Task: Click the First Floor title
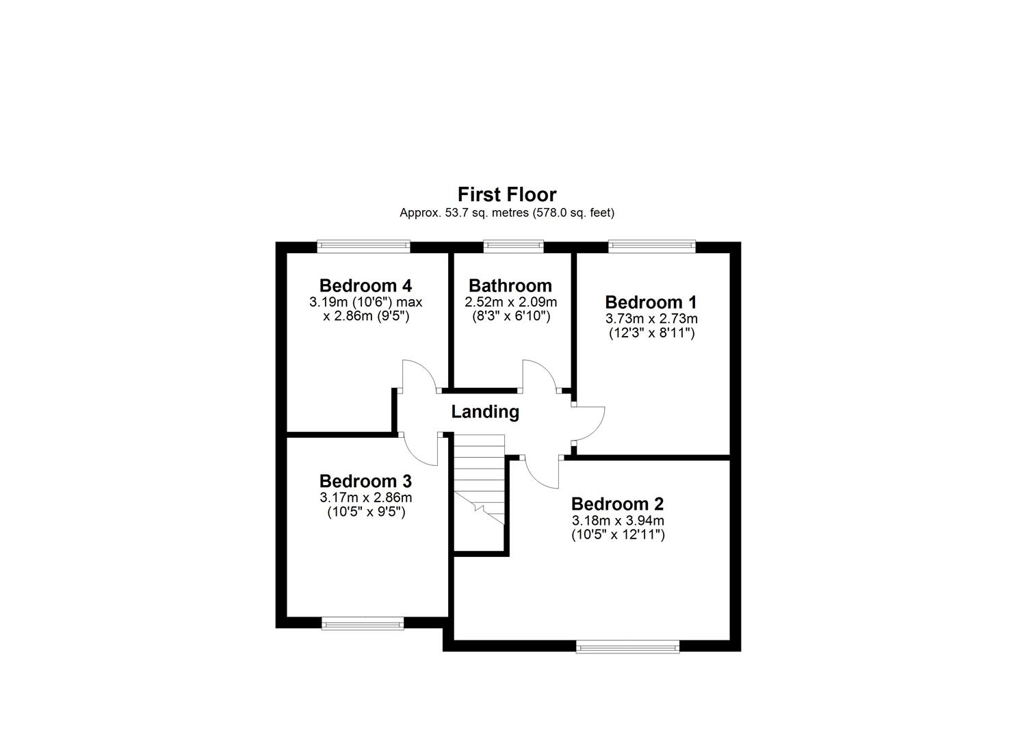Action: pyautogui.click(x=507, y=194)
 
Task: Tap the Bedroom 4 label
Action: pyautogui.click(x=365, y=285)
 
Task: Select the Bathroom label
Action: pyautogui.click(x=510, y=285)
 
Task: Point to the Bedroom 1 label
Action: pyautogui.click(x=651, y=302)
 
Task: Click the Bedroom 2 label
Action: pyautogui.click(x=617, y=504)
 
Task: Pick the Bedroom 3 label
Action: pyautogui.click(x=365, y=481)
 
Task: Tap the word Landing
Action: pyautogui.click(x=485, y=412)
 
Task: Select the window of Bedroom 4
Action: pyautogui.click(x=363, y=246)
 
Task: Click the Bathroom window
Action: pyautogui.click(x=513, y=246)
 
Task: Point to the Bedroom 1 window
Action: pyautogui.click(x=652, y=246)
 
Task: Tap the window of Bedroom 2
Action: pyautogui.click(x=627, y=646)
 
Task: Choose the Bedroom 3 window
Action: pyautogui.click(x=363, y=623)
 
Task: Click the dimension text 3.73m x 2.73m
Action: pyautogui.click(x=651, y=319)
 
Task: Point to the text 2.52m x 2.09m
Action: pyautogui.click(x=510, y=302)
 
